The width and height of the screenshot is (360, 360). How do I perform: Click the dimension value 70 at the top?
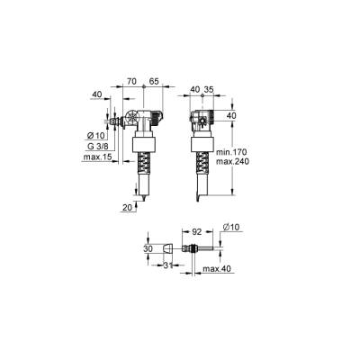[x=131, y=80]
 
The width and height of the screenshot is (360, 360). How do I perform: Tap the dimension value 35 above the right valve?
[x=210, y=90]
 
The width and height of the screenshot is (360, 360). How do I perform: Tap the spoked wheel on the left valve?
[x=132, y=119]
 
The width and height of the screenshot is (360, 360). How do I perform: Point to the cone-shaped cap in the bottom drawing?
[x=168, y=249]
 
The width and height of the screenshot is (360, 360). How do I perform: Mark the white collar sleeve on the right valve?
[x=202, y=144]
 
